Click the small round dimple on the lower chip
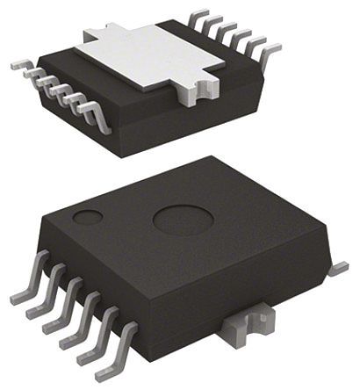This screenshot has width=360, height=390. pyautogui.click(x=87, y=216)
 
